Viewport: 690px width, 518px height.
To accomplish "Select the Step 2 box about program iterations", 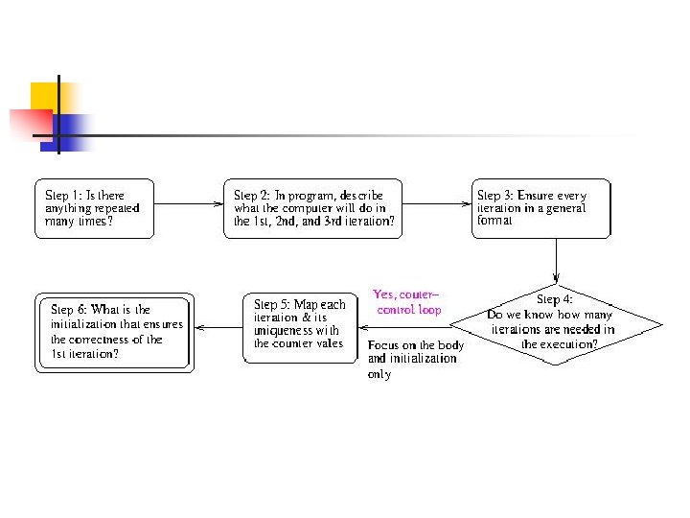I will pyautogui.click(x=312, y=208).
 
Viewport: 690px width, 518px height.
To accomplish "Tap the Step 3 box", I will pyautogui.click(x=540, y=208).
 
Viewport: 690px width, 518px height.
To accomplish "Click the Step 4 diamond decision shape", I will pyautogui.click(x=556, y=321).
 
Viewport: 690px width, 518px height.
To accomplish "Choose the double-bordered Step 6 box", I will pyautogui.click(x=114, y=332).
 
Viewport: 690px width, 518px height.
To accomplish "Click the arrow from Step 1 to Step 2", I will pyautogui.click(x=186, y=203).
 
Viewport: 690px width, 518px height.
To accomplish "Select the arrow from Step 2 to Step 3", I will pyautogui.click(x=436, y=203).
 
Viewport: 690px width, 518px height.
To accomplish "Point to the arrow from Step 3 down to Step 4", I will pyautogui.click(x=556, y=257).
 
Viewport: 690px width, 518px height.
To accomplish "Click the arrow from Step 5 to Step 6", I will pyautogui.click(x=218, y=327).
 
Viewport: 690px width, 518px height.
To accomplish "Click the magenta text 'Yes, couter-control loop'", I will pyautogui.click(x=408, y=302).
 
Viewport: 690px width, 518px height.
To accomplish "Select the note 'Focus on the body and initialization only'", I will pyautogui.click(x=415, y=359).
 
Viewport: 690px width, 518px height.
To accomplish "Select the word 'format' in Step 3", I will pyautogui.click(x=494, y=221).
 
